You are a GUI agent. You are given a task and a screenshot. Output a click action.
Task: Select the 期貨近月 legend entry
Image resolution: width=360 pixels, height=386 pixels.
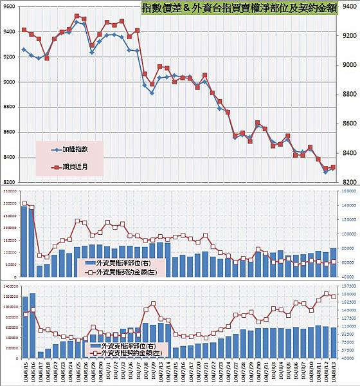tap(75, 165)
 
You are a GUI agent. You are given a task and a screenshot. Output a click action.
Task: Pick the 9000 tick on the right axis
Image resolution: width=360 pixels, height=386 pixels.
tap(346, 65)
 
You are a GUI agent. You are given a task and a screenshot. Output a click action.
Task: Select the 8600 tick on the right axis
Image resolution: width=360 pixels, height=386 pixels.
tap(346, 124)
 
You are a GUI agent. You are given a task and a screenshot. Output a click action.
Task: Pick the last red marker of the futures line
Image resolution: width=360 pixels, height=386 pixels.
tap(333, 167)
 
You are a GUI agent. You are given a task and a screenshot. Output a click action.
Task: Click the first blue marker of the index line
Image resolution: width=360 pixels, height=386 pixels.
tap(24, 50)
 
